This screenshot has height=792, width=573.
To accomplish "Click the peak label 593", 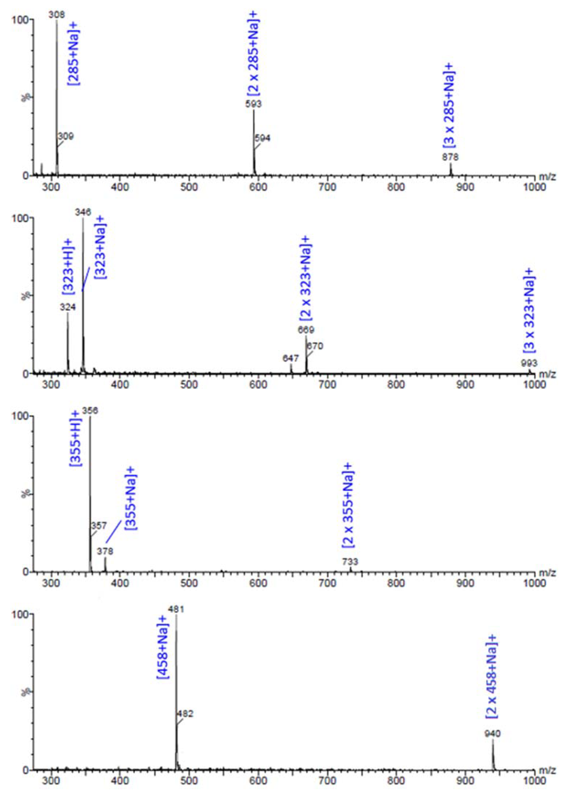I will click(x=254, y=104).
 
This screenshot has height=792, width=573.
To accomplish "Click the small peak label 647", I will click(x=291, y=358).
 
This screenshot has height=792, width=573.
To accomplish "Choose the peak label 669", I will click(x=306, y=330).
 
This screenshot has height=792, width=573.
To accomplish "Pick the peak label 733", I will click(x=350, y=562).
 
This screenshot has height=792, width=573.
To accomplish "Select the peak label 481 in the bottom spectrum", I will click(x=176, y=609).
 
